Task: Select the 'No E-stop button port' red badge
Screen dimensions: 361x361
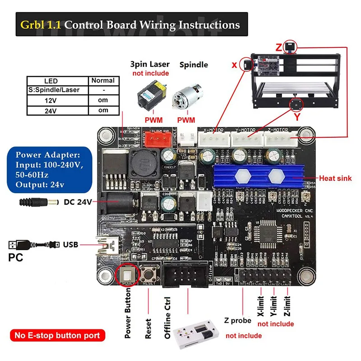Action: pyautogui.click(x=57, y=335)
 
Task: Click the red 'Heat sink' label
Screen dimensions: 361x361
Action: pyautogui.click(x=335, y=178)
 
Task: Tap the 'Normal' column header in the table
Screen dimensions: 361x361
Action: pyautogui.click(x=103, y=81)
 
